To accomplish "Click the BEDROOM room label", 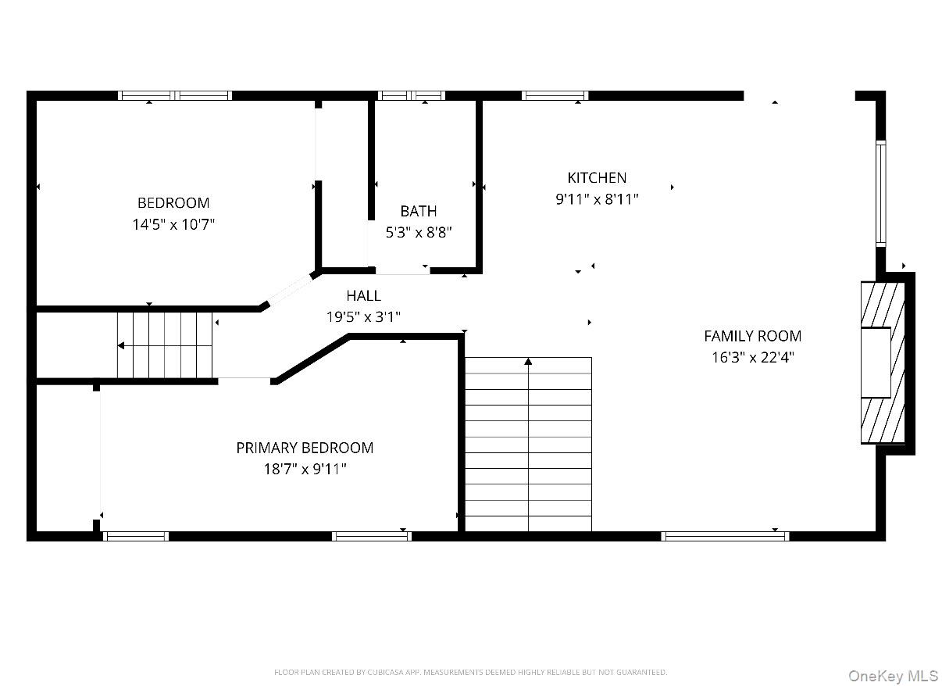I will click(x=173, y=202).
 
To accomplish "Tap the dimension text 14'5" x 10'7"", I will click(x=173, y=224).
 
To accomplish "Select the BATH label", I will click(x=419, y=211).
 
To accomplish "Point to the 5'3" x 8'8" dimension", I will click(x=419, y=232).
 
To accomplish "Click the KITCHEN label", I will click(x=597, y=177).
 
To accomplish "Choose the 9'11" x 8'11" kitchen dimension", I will click(x=597, y=199).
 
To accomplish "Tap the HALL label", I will click(x=364, y=295).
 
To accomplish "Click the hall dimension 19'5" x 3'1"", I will click(x=364, y=317).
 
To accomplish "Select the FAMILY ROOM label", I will click(x=752, y=336).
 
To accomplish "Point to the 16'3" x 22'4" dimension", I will click(x=752, y=358).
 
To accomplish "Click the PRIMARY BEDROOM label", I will click(x=305, y=448).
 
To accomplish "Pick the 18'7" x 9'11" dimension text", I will click(x=305, y=470).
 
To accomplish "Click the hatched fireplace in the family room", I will click(x=883, y=363).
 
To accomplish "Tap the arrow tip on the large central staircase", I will click(x=528, y=361).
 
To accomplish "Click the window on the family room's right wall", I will click(x=880, y=193).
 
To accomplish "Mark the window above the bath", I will click(x=412, y=95).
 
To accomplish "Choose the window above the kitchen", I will click(x=555, y=95).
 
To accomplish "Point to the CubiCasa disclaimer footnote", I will click(x=470, y=672).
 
